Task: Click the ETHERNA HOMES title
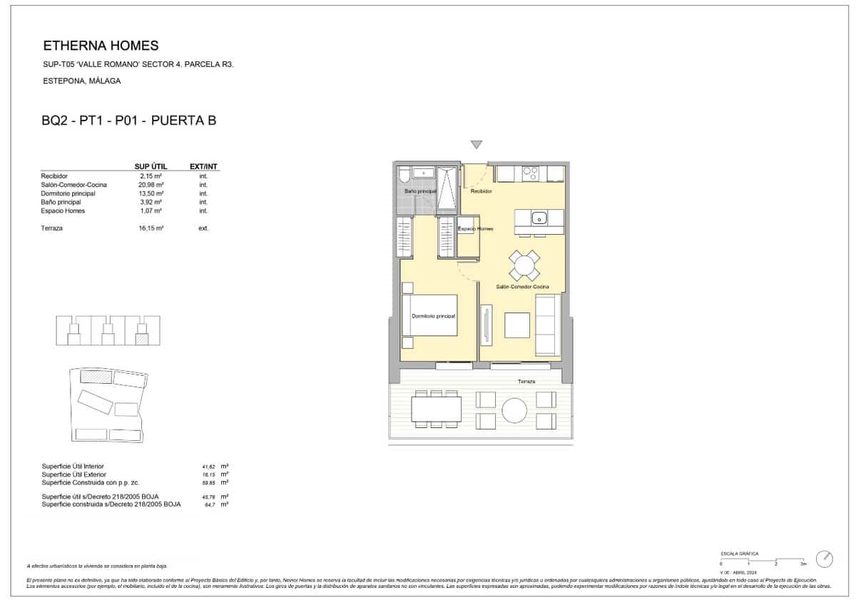101,46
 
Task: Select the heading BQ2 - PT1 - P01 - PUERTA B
129,121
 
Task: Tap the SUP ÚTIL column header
151,167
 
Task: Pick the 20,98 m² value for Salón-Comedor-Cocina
151,185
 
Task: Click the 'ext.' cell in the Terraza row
203,228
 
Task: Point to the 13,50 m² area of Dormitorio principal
151,193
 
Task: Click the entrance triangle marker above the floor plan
477,145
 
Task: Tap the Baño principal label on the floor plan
420,192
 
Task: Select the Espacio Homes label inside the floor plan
475,228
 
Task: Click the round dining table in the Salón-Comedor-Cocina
524,266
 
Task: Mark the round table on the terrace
516,410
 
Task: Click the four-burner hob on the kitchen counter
530,173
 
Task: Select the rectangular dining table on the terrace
436,410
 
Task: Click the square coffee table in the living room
517,325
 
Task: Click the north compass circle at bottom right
825,558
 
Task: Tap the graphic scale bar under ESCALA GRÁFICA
763,559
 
